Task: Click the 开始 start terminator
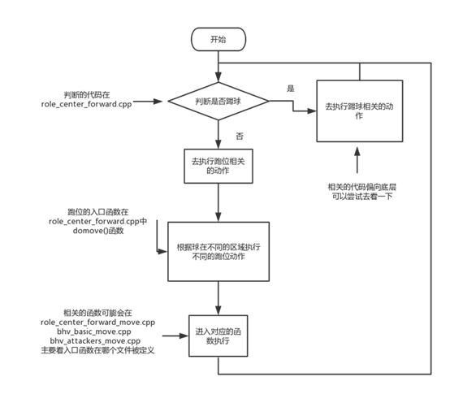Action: [217, 38]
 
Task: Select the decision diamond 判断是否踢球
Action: [217, 102]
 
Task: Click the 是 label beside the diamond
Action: [291, 86]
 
